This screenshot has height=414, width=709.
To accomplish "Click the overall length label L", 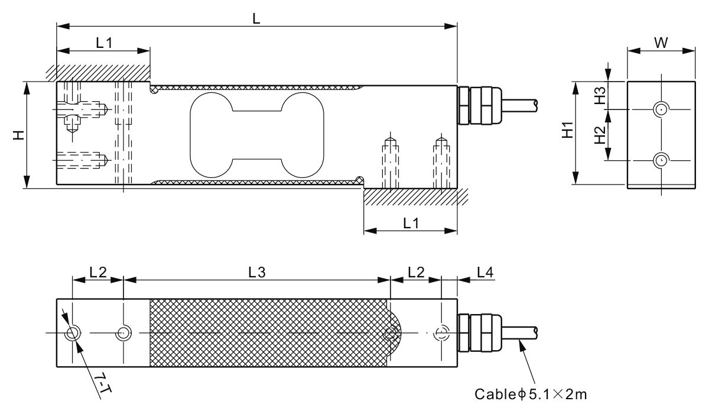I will (256, 18).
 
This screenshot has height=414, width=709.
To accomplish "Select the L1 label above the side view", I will (103, 43).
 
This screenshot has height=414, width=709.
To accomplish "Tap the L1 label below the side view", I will (411, 223).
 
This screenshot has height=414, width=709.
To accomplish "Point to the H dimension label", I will (19, 135).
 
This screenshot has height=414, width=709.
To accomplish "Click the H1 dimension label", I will (567, 130).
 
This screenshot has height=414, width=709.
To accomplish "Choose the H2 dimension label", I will (599, 135).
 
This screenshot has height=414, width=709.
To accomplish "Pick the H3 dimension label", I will (599, 96).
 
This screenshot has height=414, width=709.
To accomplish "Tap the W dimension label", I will (661, 43).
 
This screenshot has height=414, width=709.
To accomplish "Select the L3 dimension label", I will (256, 272).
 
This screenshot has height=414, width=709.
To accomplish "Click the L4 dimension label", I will (484, 272).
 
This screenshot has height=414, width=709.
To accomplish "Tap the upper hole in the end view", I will (661, 109).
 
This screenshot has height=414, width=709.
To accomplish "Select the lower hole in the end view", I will (661, 160).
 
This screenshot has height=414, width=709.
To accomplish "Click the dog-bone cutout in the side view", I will (256, 135).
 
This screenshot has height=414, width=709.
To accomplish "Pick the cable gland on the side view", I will (478, 105).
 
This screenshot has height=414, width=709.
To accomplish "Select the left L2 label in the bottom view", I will (97, 272).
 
